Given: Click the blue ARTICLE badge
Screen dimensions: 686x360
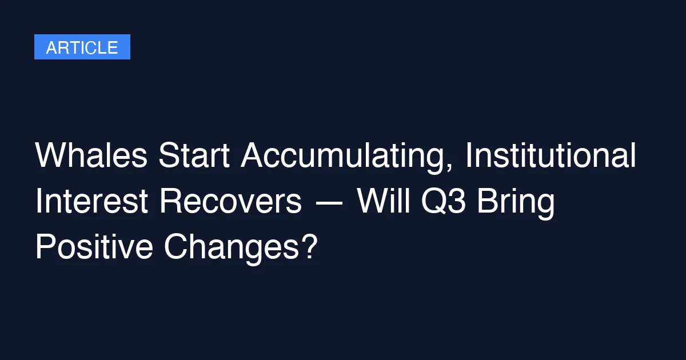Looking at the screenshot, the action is click(x=82, y=47).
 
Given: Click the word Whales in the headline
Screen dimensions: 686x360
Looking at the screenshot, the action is click(x=91, y=155).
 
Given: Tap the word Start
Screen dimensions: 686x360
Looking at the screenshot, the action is click(x=194, y=155).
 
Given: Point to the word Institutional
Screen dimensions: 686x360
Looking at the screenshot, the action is click(x=551, y=155).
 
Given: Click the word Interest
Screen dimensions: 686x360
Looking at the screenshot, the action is click(x=92, y=201).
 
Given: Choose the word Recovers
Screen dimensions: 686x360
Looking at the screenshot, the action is click(x=230, y=201).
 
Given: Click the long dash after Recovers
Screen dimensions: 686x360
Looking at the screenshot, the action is click(x=329, y=202).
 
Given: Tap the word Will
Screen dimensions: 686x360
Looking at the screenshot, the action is click(x=384, y=201).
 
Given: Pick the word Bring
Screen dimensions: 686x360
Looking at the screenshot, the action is click(x=516, y=203).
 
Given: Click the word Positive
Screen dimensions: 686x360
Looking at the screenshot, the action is click(x=94, y=247).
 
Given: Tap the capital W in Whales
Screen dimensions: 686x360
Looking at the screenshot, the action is click(x=53, y=155).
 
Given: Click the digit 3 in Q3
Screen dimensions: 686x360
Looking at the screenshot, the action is click(x=457, y=201).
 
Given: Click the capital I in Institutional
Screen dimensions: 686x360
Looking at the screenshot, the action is click(x=468, y=155).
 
